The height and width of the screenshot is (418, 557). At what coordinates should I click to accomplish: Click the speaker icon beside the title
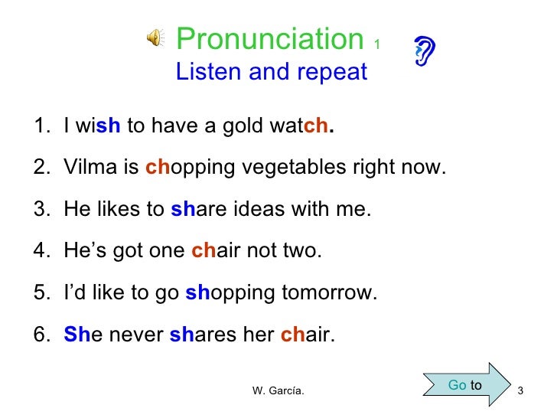pyautogui.click(x=155, y=38)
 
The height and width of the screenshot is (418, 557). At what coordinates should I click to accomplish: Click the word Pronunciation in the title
pyautogui.click(x=269, y=38)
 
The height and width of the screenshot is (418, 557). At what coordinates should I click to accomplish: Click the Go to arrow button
pyautogui.click(x=465, y=385)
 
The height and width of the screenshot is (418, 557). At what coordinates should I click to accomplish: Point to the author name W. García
pyautogui.click(x=278, y=392)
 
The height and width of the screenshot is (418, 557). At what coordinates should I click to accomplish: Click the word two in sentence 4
pyautogui.click(x=304, y=251)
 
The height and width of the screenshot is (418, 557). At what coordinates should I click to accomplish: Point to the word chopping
pyautogui.click(x=177, y=167)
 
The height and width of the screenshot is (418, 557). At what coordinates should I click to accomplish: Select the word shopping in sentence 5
pyautogui.click(x=218, y=293)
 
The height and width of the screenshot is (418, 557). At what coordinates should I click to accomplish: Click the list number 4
pyautogui.click(x=41, y=251)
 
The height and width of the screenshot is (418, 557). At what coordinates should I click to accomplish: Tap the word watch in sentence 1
pyautogui.click(x=304, y=126)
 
